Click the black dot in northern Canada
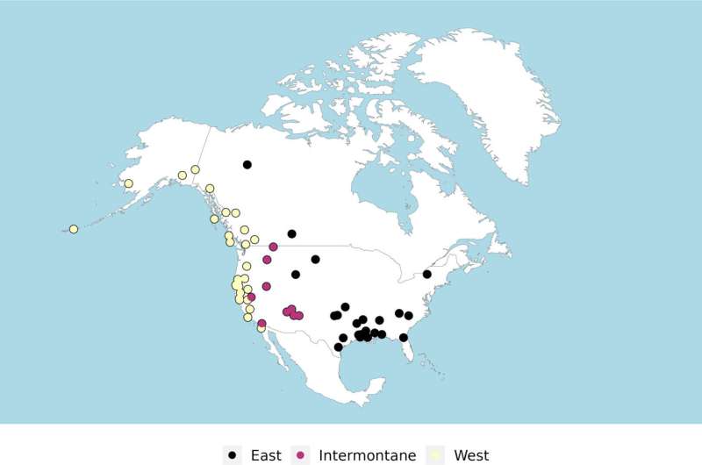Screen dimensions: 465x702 click(247, 165)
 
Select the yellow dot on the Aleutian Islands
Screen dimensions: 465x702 click(74, 229)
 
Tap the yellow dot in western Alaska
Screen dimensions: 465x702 click(128, 183)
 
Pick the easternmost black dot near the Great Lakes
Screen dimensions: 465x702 click(427, 274)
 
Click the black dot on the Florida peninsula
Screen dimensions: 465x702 click(404, 337)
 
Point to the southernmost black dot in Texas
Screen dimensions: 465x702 click(338, 347)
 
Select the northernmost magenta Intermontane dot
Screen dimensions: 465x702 click(274, 247)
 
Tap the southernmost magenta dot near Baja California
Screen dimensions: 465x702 click(261, 324)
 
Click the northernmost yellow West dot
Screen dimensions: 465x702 click(195, 169)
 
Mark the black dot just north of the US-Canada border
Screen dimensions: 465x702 click(291, 233)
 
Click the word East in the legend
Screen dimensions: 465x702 click(265, 454)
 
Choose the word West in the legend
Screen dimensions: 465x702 click(471, 454)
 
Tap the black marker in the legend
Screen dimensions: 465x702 click(232, 454)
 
